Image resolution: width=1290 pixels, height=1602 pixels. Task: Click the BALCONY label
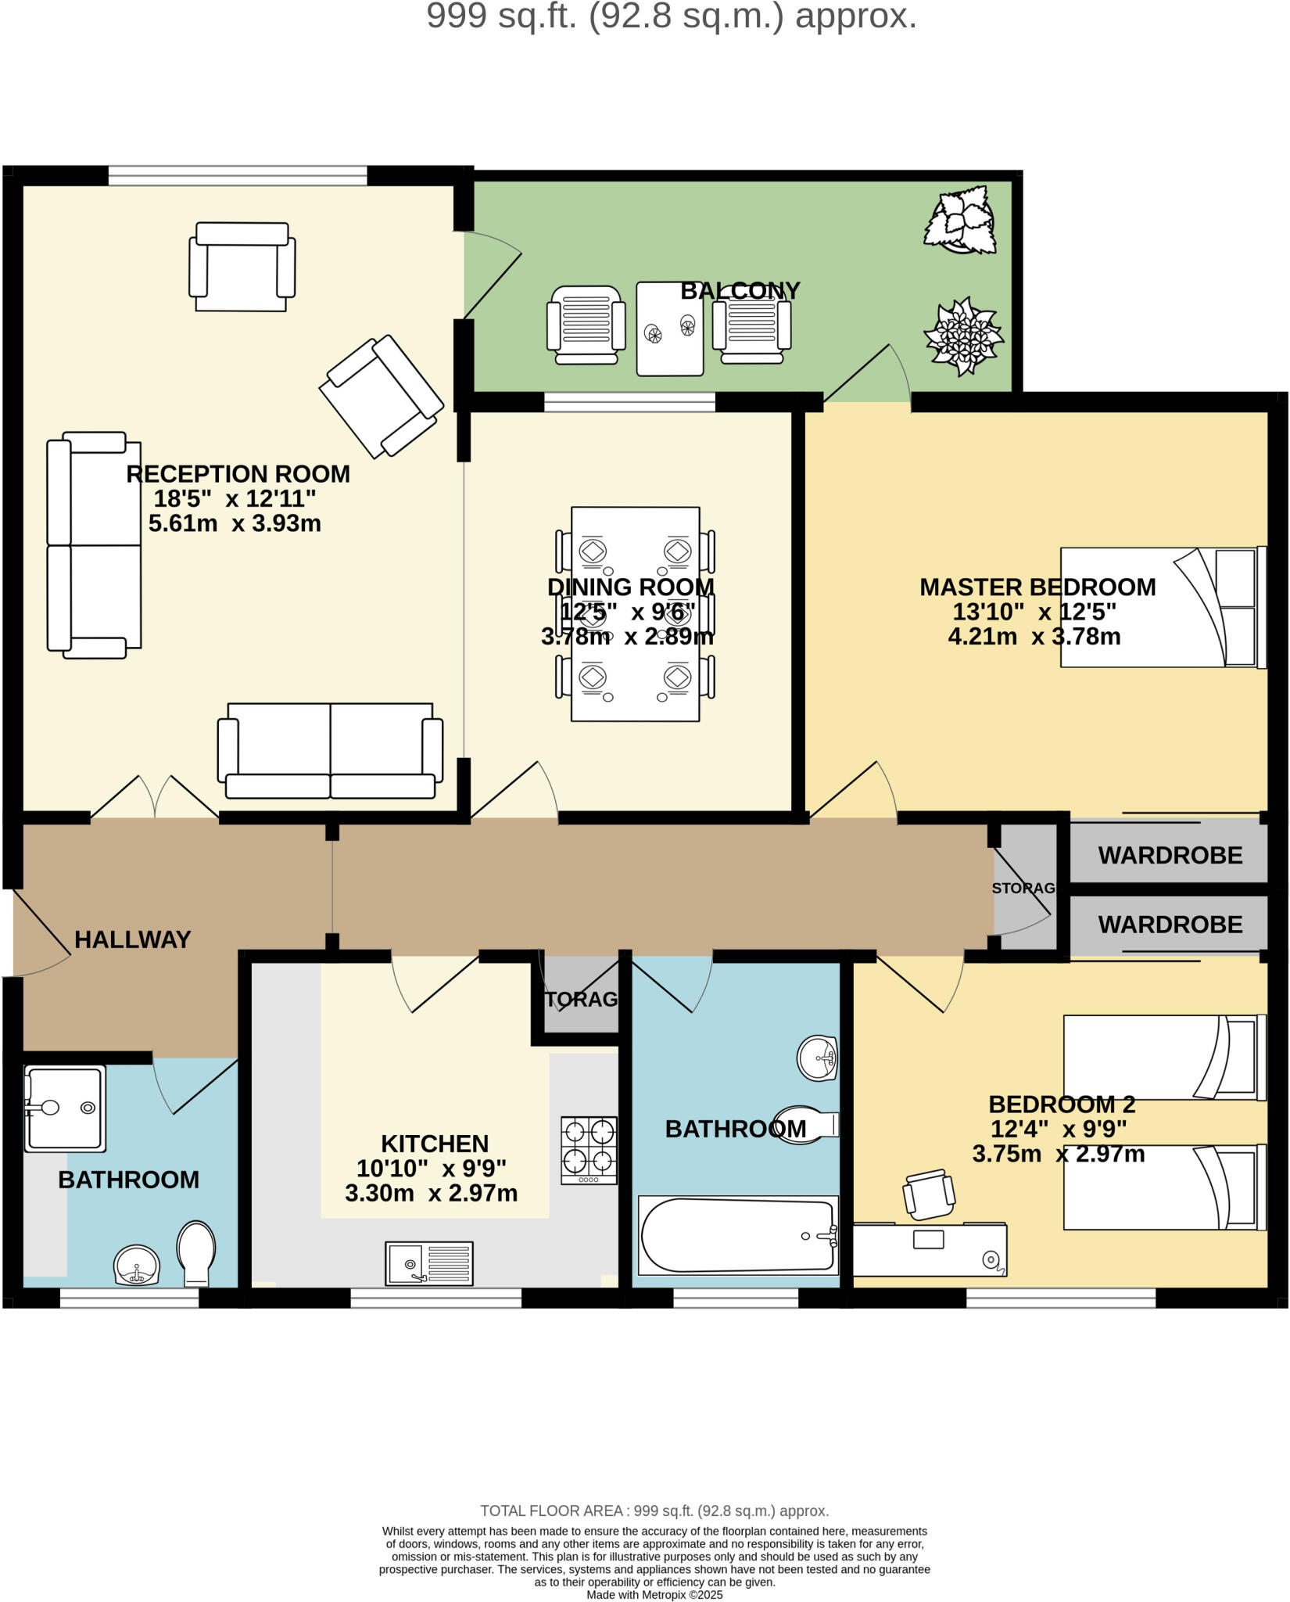(740, 290)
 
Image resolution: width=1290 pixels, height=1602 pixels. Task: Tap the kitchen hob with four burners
(589, 1150)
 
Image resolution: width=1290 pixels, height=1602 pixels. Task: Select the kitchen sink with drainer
(428, 1263)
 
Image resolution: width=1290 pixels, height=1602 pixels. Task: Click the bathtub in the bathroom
(738, 1236)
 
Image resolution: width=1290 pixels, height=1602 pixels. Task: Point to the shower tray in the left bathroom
(65, 1108)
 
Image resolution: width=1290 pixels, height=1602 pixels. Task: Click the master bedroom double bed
(1162, 607)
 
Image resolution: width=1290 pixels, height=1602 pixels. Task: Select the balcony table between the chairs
(669, 329)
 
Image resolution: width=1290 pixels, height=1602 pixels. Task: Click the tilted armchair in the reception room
(382, 396)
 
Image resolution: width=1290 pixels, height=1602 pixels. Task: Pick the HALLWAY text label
(132, 939)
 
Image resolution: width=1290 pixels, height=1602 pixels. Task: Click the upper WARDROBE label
(1170, 855)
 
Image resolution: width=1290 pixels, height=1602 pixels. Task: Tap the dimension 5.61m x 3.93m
(235, 523)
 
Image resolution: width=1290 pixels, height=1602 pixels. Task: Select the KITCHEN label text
(435, 1144)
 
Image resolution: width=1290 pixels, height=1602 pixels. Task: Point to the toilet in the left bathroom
(196, 1254)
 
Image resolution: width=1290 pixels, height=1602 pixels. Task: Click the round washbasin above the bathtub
(816, 1058)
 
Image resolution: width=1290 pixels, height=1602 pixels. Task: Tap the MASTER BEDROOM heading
(1037, 587)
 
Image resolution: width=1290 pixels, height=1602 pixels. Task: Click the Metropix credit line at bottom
(654, 1594)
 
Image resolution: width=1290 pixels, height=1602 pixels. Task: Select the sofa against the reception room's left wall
(94, 545)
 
